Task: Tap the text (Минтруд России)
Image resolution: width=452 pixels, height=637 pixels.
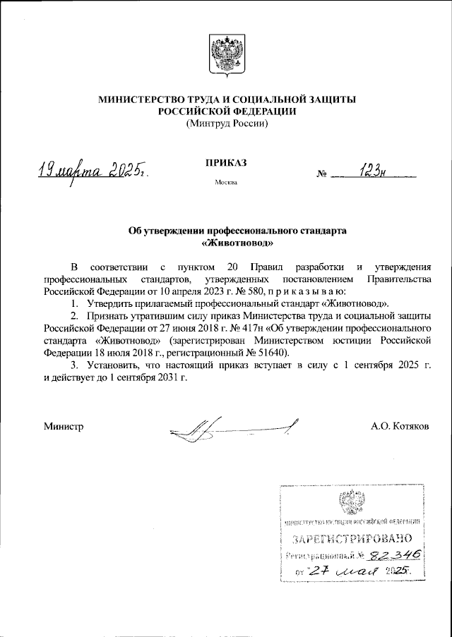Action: [226, 123]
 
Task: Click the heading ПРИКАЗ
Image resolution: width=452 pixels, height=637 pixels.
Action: [226, 163]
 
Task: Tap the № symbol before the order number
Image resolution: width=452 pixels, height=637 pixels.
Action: [323, 174]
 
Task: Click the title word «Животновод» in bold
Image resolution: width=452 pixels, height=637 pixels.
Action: [226, 241]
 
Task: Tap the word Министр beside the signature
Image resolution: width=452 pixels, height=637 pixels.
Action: [64, 426]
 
